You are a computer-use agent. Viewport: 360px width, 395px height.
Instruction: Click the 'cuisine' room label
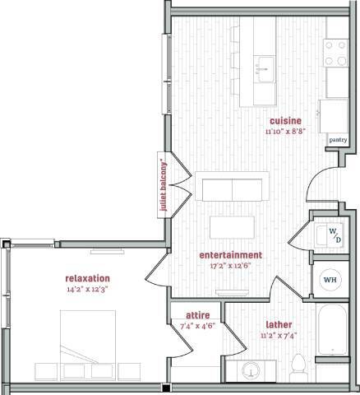pos(285,120)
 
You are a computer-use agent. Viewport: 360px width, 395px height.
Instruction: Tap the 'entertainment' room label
pos(231,255)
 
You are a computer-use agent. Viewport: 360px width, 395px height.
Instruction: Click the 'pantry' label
pos(338,140)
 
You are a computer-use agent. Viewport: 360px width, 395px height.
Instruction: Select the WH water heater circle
pos(330,280)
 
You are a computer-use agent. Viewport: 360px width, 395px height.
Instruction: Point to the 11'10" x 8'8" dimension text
pos(285,131)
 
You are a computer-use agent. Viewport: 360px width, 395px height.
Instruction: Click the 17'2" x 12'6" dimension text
pos(231,266)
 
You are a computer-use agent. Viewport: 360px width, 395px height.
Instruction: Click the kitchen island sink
pos(264,65)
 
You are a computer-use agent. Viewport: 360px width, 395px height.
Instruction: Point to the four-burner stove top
pos(336,53)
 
